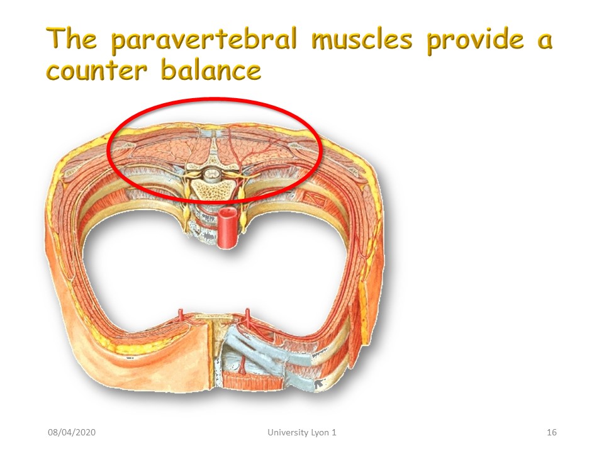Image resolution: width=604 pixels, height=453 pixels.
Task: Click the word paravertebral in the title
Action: click(x=204, y=40)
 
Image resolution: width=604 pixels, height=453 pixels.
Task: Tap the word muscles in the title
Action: click(x=362, y=40)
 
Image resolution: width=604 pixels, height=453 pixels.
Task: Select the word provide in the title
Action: click(x=476, y=40)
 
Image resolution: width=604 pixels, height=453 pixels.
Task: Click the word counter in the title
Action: click(x=97, y=70)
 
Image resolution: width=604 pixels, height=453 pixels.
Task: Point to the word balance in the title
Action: click(x=211, y=69)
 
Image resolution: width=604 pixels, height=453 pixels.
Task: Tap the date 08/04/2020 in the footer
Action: click(x=72, y=432)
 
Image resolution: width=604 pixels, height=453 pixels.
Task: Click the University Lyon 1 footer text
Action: click(x=302, y=432)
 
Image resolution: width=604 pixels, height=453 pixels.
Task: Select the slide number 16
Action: click(x=552, y=432)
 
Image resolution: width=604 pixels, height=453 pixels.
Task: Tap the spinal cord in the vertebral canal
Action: click(x=211, y=174)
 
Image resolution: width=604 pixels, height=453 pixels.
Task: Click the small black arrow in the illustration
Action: click(x=319, y=383)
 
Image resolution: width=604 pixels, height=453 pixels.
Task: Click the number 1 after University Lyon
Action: click(x=333, y=432)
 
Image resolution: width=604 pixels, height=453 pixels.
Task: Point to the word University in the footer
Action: click(x=284, y=432)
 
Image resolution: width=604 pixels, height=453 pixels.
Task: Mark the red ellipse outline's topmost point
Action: click(x=214, y=99)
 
